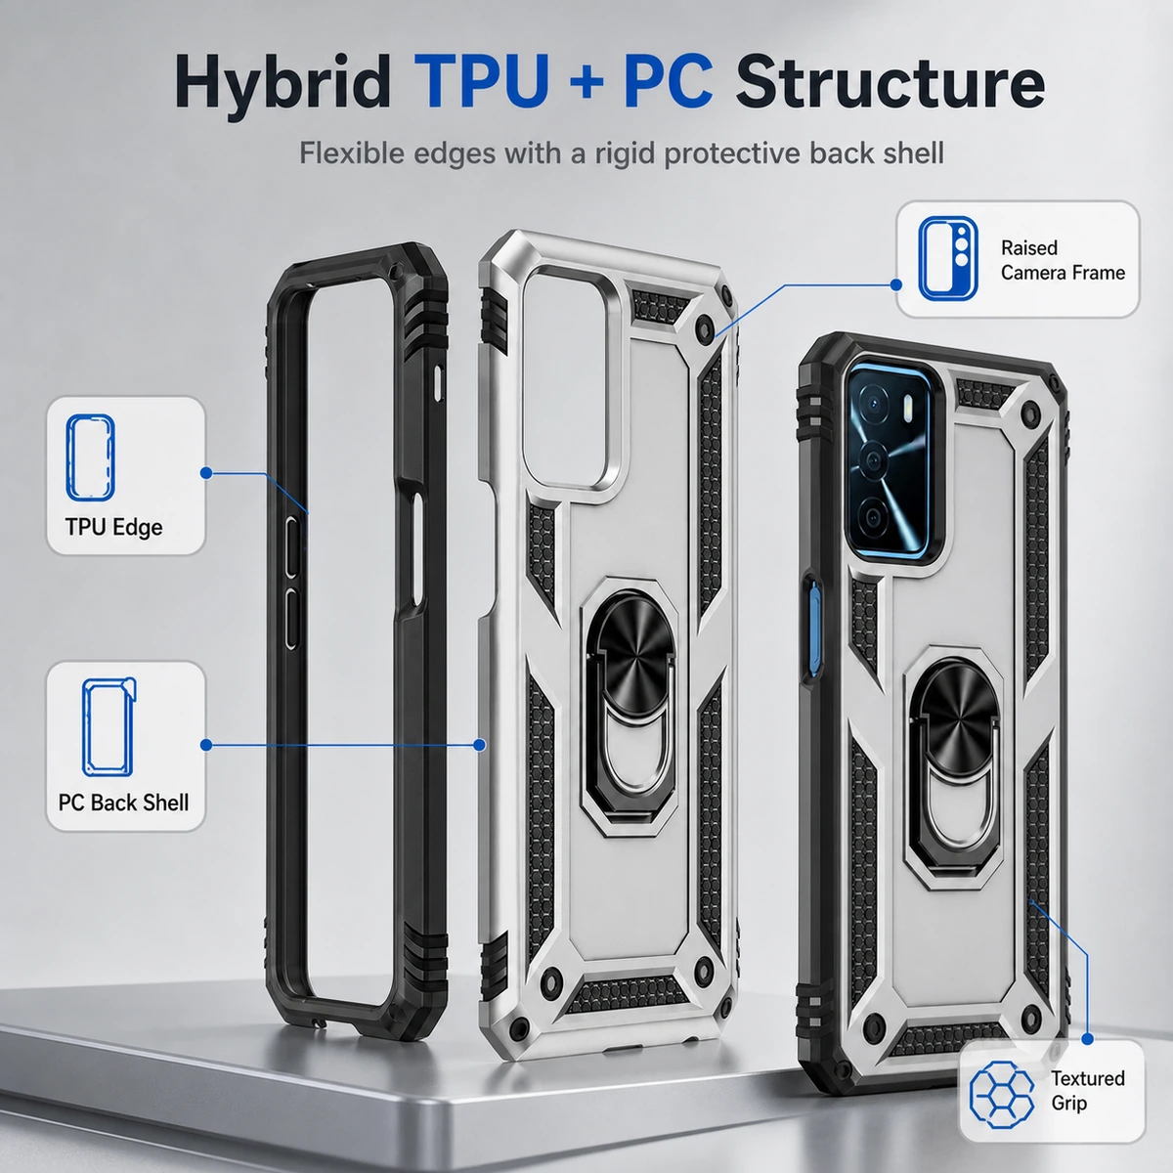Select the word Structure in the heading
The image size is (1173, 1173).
pos(890,81)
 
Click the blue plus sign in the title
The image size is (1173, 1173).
pos(586,82)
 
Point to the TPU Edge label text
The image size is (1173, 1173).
pos(113,527)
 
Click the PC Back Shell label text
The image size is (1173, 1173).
pos(123,803)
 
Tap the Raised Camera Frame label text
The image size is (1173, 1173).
pos(1063,261)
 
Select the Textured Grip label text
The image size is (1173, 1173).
pos(1087,1090)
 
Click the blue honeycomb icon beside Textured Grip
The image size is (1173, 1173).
pos(1001,1094)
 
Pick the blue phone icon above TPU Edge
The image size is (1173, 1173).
pos(90,457)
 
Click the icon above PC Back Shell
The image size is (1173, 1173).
pos(109,727)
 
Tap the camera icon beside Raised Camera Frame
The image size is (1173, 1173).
pos(948,259)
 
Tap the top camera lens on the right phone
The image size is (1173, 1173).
pos(875,404)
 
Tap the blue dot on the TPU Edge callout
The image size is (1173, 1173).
pos(206,473)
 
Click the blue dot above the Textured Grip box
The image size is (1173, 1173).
pos(1087,1038)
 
